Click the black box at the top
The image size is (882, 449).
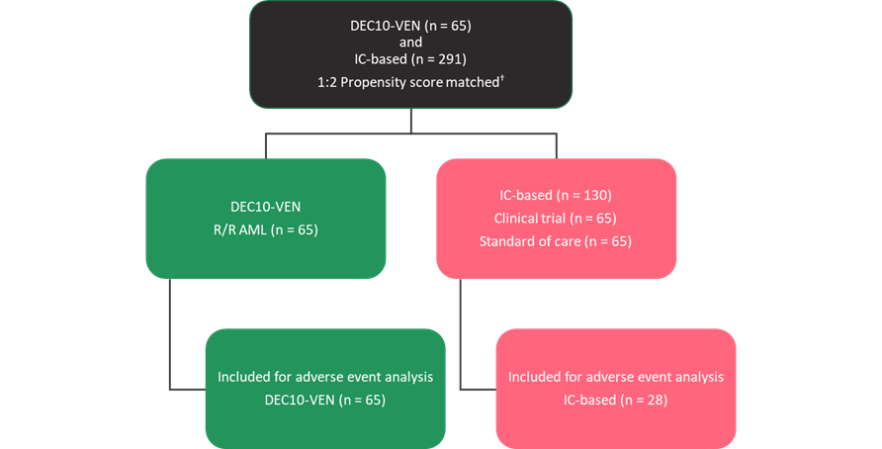(x=410, y=54)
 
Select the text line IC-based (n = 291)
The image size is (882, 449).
(x=410, y=58)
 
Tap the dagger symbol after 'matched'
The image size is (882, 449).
(x=501, y=78)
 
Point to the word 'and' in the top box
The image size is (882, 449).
(x=410, y=43)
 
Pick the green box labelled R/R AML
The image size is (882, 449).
(x=266, y=219)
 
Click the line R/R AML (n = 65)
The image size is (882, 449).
(x=266, y=229)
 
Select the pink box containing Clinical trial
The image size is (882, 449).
(x=557, y=219)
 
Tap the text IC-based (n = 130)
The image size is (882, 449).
(x=556, y=195)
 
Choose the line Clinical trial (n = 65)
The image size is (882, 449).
(x=555, y=218)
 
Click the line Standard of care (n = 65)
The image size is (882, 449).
(x=555, y=240)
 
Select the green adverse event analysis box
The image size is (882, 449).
(x=325, y=389)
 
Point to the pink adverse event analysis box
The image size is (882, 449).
(x=616, y=389)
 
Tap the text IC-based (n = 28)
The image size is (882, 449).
(x=615, y=401)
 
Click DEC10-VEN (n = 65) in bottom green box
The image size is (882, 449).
(x=325, y=401)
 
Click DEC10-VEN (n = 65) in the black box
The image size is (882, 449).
(x=410, y=26)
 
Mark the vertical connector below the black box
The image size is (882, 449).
(x=411, y=121)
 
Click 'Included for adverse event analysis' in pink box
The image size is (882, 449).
(x=616, y=377)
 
